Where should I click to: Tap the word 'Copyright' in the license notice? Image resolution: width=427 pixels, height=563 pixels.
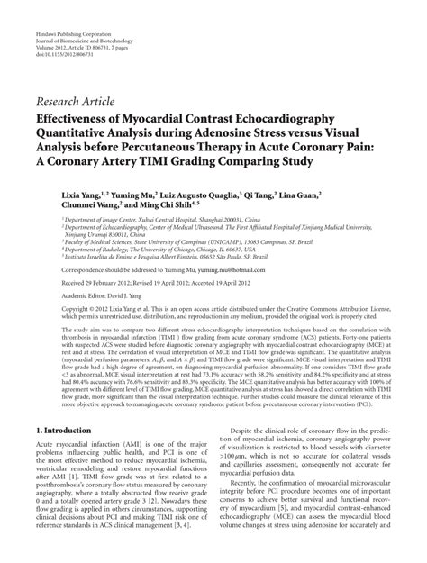pos(52,310)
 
